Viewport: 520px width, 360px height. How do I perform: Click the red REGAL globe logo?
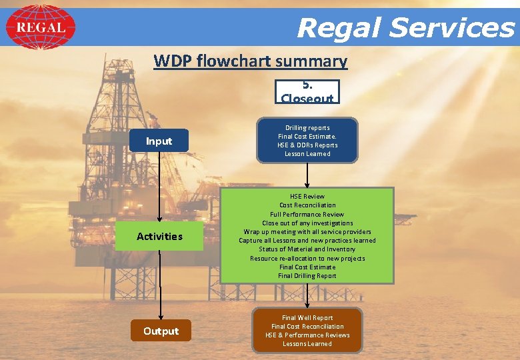(41, 27)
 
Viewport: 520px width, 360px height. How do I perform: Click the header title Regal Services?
(405, 28)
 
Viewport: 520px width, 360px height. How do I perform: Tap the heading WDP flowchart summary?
(250, 61)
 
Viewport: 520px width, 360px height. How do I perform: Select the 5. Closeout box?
(307, 92)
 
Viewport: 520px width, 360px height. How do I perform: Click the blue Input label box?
(159, 141)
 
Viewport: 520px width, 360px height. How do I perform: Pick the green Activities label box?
(159, 236)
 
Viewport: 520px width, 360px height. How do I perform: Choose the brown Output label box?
(161, 331)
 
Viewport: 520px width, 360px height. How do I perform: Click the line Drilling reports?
(307, 127)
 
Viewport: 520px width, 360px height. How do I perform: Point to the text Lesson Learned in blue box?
(307, 153)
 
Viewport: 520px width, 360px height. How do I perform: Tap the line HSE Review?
(307, 196)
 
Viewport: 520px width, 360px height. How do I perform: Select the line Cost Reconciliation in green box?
(307, 205)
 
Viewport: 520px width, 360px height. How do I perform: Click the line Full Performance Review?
(307, 214)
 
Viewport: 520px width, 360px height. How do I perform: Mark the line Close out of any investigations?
(307, 223)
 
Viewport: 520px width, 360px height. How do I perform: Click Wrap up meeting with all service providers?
(307, 231)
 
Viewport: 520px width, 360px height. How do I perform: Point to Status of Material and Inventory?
(307, 249)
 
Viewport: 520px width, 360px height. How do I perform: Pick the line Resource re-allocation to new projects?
(307, 258)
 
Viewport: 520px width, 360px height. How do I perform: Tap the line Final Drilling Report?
(307, 275)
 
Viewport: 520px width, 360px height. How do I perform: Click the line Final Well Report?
(307, 317)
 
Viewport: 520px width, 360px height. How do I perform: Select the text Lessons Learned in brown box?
(307, 343)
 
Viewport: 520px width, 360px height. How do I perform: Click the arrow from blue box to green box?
(307, 175)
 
